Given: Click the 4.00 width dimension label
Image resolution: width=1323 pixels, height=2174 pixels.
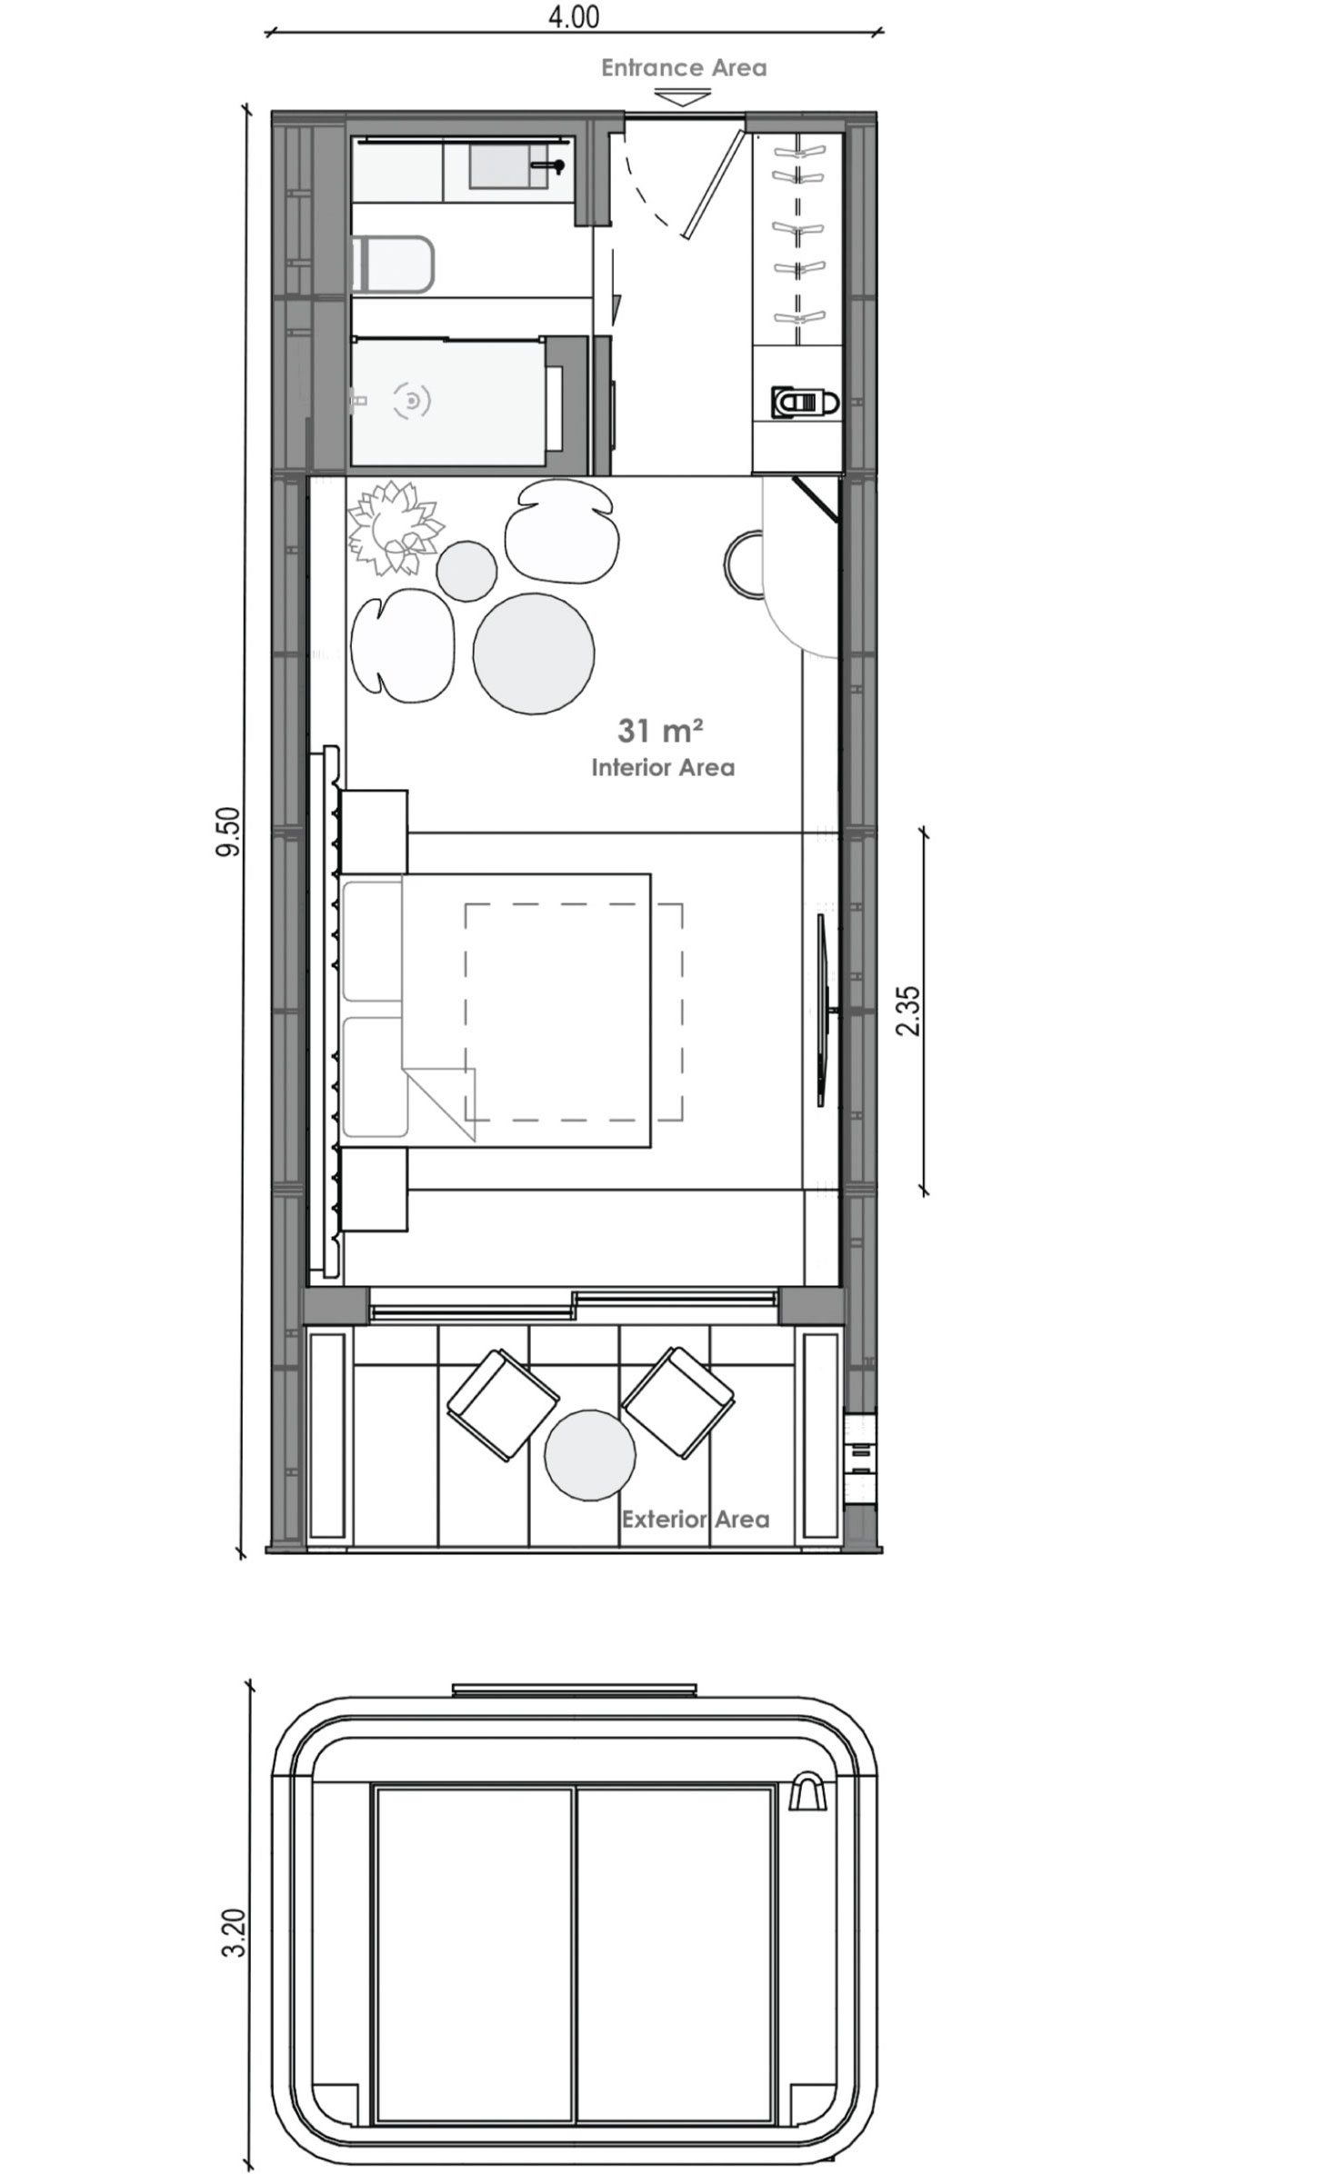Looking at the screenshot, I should (574, 17).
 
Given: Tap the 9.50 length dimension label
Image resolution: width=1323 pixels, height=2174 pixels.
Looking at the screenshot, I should (228, 831).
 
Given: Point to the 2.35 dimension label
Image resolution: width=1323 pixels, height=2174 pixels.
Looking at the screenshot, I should (908, 1010).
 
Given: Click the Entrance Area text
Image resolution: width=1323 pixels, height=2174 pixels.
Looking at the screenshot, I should (684, 68).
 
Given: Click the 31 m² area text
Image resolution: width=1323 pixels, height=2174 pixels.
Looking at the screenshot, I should (661, 730).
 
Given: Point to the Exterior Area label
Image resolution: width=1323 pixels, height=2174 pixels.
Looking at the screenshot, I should (696, 1519).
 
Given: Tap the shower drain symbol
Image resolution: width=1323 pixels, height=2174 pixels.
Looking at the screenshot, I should (412, 400).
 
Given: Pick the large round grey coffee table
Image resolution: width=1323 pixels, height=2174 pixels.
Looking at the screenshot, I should (534, 652).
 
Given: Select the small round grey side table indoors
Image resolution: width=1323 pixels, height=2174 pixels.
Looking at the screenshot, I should (466, 570).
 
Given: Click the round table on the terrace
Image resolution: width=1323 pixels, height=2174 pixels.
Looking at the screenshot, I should (589, 1453).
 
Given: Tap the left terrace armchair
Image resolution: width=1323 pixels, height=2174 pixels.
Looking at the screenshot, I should (502, 1404).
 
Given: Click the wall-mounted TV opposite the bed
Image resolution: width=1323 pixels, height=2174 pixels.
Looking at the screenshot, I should (822, 1010).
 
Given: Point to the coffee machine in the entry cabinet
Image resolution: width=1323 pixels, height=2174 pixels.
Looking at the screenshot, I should (802, 401).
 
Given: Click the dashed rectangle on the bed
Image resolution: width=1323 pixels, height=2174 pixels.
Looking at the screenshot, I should (574, 1012).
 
